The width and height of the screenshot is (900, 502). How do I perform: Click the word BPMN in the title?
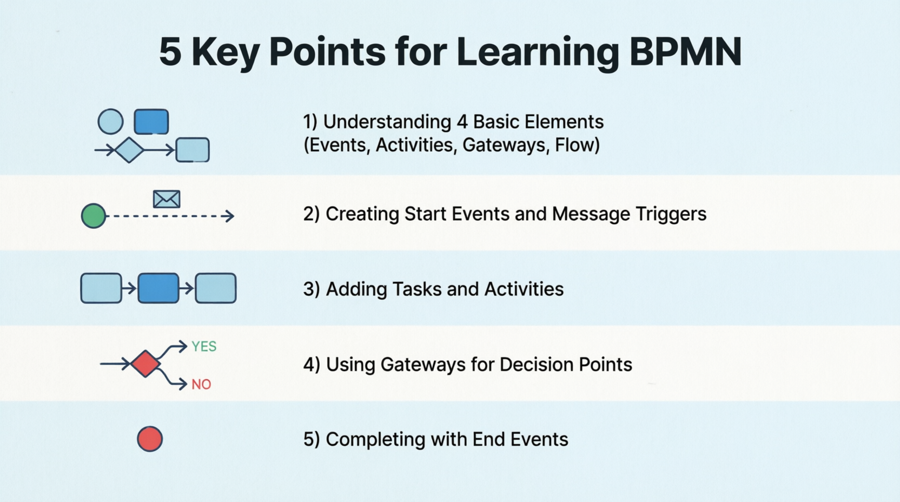(x=685, y=52)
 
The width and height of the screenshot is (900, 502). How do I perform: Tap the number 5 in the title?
(x=170, y=52)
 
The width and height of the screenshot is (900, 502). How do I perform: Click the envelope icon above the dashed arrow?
(x=167, y=199)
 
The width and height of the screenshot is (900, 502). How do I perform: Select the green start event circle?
(x=94, y=216)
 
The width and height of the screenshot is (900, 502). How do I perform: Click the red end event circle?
(x=150, y=439)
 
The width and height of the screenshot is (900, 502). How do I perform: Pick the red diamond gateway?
(x=146, y=364)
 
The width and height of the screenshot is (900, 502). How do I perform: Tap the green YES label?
(x=204, y=346)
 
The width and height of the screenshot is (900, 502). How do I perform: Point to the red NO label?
(x=201, y=385)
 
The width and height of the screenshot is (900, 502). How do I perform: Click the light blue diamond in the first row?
(x=129, y=150)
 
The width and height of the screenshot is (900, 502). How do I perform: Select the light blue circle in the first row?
(x=110, y=121)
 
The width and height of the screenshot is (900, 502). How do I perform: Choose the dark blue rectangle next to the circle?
(x=151, y=121)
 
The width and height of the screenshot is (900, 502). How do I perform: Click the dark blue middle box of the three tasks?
(x=158, y=288)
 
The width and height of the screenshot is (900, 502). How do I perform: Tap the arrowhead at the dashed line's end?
(x=230, y=216)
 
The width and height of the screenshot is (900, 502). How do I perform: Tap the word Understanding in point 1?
(x=387, y=122)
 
